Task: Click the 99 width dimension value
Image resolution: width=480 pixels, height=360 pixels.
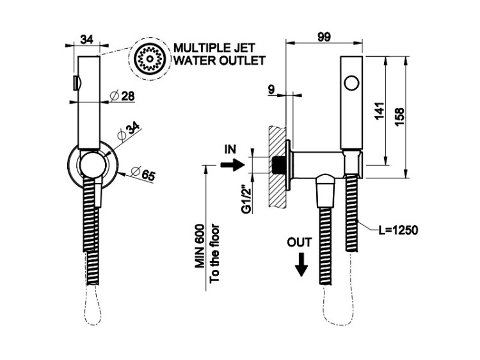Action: pos(324,37)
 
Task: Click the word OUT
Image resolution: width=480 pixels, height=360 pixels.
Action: pos(300,242)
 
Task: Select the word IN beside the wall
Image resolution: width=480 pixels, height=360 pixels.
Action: pos(230,150)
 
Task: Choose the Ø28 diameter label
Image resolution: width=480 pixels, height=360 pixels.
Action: pos(122,96)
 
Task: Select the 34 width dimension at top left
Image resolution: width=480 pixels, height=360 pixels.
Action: pos(88,39)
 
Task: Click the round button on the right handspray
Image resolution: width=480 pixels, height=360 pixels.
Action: pos(351,82)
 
